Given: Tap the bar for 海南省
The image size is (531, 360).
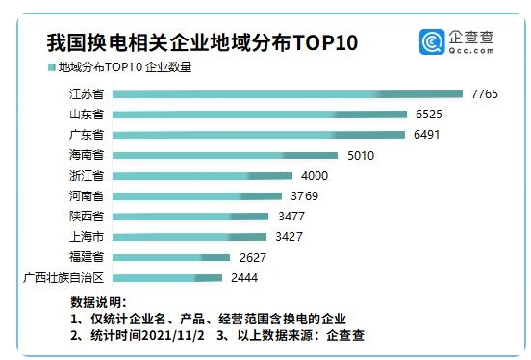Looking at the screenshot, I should [x=225, y=155].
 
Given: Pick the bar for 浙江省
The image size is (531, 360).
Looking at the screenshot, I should [x=202, y=175].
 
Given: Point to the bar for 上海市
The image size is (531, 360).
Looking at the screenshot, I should [x=190, y=236].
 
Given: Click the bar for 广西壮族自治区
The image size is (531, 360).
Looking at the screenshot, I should [x=167, y=277].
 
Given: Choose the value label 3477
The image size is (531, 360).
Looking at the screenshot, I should [x=291, y=216].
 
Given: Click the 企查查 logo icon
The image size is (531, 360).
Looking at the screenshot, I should [x=432, y=42].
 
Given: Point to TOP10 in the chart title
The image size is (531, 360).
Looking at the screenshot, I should [x=336, y=42].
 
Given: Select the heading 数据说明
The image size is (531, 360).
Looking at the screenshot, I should [x=98, y=301].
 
